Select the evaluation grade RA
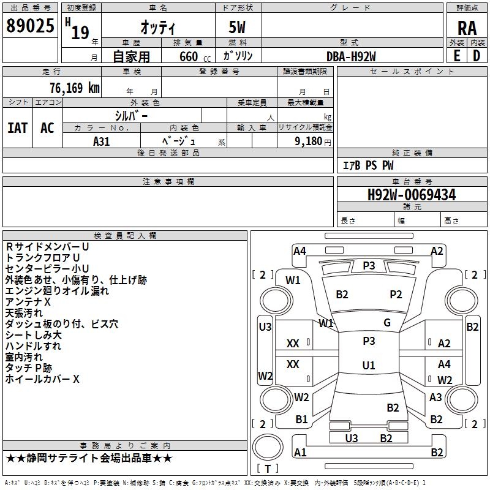pos(467,28)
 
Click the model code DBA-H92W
pos(351,56)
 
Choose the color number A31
pos(102,141)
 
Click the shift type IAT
pos(18,128)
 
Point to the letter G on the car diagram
pos(387,323)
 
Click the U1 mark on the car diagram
pos(369,366)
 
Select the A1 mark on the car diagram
pos(300,453)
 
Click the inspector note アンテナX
pos(28,303)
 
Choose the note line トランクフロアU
pos(43,258)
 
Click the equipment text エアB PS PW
pos(368,165)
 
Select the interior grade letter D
pos(477,56)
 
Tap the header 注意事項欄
pos(168,182)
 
